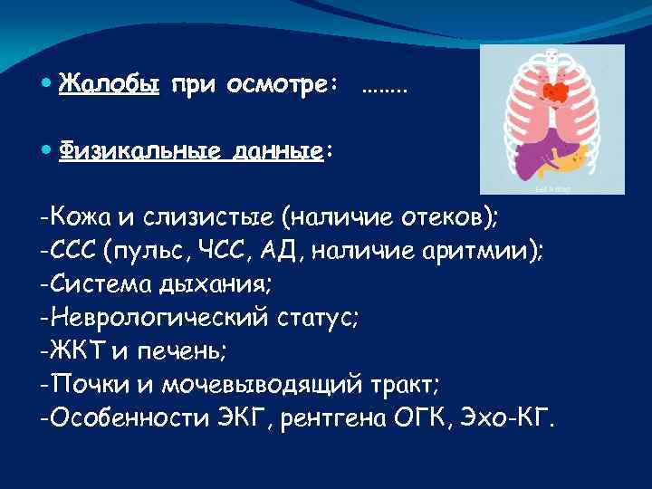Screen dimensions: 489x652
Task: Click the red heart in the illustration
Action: (554, 91)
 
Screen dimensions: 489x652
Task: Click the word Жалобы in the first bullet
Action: (110, 84)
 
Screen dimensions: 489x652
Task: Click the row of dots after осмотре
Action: (385, 89)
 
